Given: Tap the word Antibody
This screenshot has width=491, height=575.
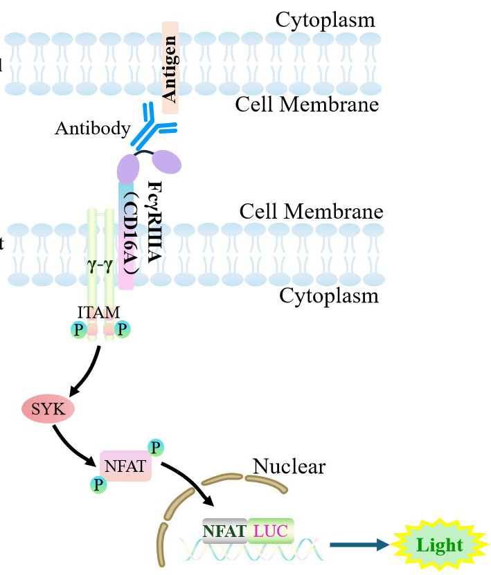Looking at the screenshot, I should coord(93,129).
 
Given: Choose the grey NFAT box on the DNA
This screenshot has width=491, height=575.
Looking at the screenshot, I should coord(224,531).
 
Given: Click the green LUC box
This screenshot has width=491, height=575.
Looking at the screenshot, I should coord(271,531).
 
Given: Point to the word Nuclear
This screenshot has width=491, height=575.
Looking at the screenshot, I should coord(289,466).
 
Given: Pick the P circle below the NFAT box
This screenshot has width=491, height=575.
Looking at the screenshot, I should coord(99,484).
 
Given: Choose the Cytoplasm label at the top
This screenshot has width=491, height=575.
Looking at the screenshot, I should coord(325,19).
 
